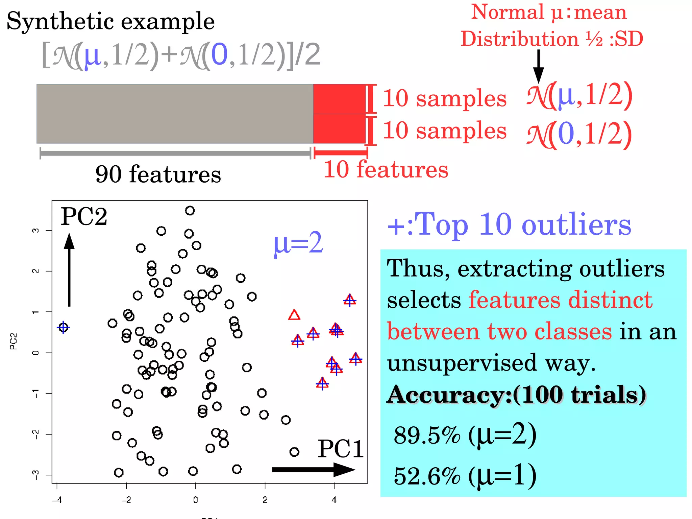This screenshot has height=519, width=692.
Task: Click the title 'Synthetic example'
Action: [x=110, y=21]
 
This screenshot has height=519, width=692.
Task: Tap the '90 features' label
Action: [x=158, y=174]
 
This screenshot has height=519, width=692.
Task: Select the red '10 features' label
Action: [x=386, y=169]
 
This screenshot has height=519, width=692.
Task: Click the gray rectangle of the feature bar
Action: [x=175, y=114]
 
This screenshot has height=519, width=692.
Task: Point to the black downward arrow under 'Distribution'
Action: [x=538, y=66]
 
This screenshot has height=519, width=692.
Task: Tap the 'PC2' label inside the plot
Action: [x=84, y=216]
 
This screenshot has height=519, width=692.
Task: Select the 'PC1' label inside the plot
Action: [x=340, y=449]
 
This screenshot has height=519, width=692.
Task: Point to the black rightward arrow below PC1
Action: [x=313, y=469]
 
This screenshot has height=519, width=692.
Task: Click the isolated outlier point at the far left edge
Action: [x=63, y=327]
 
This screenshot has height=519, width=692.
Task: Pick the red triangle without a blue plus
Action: [x=294, y=315]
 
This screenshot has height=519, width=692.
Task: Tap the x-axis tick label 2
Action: [x=265, y=500]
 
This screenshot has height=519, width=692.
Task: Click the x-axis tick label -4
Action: [x=57, y=500]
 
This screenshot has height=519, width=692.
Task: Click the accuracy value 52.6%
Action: [x=427, y=476]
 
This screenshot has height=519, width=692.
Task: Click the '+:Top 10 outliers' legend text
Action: [x=509, y=225]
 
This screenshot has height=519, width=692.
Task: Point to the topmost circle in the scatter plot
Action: [x=190, y=211]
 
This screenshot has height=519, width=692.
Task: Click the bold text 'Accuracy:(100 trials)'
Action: [x=516, y=394]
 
